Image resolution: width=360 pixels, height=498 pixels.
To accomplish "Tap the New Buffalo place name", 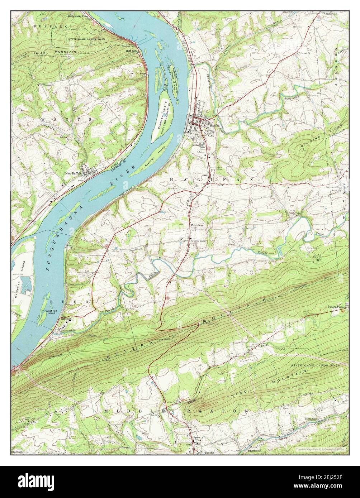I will [74, 173].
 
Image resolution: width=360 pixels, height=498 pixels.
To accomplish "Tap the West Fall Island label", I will [51, 311].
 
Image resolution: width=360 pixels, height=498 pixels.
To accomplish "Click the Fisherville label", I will [332, 14].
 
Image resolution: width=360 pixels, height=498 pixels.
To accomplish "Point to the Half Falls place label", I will [131, 51].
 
